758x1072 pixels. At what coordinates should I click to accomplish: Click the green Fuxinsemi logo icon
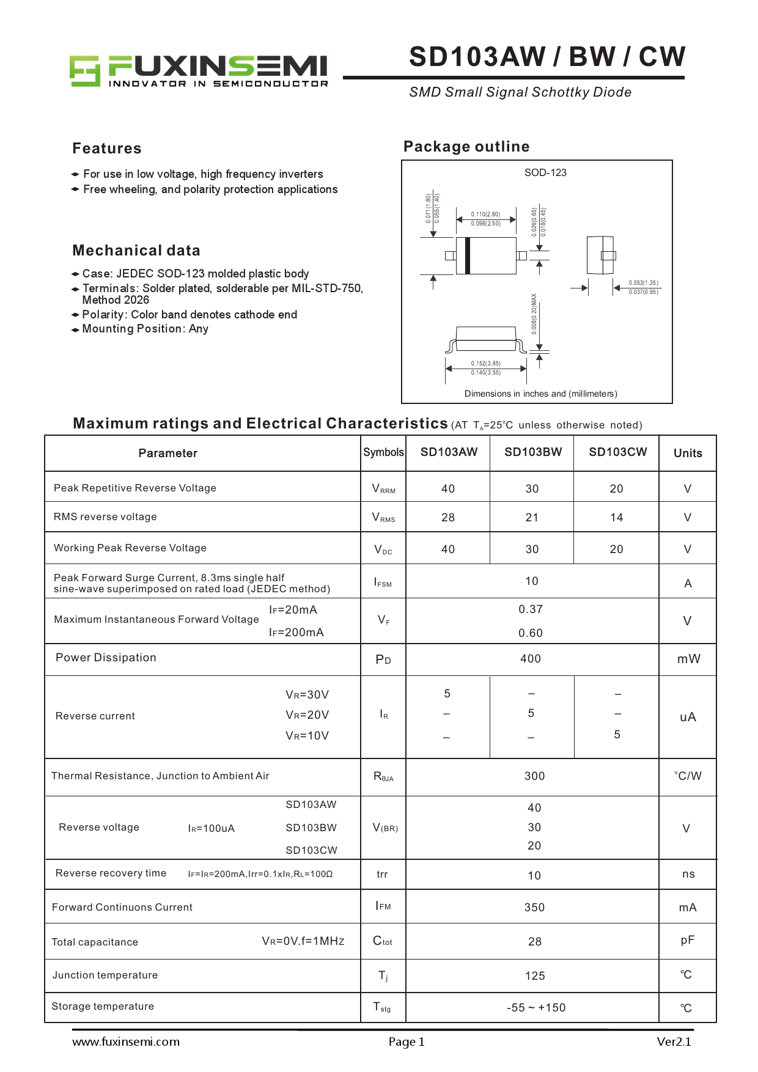tap(84, 71)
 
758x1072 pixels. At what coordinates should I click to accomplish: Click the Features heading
tap(107, 149)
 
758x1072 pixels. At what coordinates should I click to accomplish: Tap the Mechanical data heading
tap(136, 251)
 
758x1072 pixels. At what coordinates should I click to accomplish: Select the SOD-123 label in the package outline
tap(545, 173)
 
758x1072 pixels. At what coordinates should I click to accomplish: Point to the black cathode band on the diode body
tap(468, 255)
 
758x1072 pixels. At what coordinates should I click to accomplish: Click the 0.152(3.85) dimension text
tap(485, 363)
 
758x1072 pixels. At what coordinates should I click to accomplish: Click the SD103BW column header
tap(532, 452)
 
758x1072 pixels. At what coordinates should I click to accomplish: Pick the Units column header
tap(688, 453)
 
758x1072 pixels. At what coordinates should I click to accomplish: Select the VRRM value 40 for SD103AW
tap(448, 489)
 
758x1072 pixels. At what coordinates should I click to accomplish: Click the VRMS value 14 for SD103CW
tap(616, 518)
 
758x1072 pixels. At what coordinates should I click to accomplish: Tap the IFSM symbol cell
tap(383, 582)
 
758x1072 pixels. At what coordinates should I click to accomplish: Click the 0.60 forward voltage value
tap(531, 633)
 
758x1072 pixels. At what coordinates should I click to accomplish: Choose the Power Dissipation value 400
tap(531, 659)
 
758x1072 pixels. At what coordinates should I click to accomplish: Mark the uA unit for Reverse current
tap(688, 717)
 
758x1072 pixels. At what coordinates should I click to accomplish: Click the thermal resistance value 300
tap(534, 776)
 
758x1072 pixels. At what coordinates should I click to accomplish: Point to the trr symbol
tap(382, 875)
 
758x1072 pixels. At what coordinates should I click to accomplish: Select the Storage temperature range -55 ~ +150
tap(536, 1008)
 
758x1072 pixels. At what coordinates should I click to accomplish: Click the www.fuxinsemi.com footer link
tap(126, 1042)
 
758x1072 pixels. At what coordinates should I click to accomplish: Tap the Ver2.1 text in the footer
tap(674, 1042)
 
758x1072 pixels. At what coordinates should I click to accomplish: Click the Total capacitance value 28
tap(535, 942)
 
